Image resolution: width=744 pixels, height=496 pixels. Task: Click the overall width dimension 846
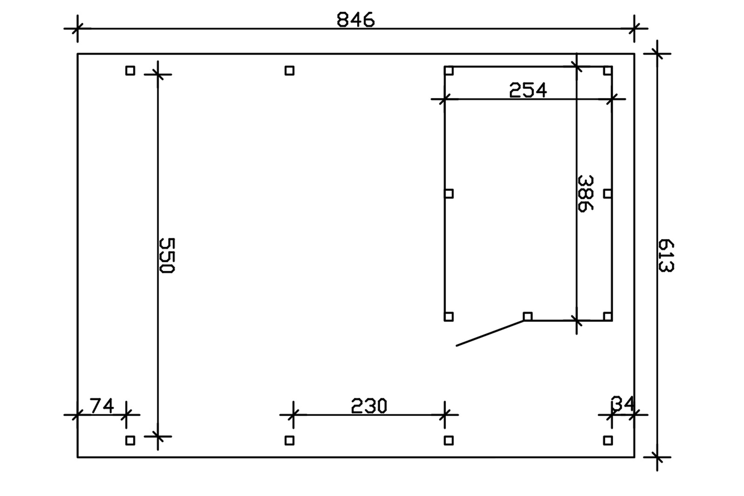coord(356,20)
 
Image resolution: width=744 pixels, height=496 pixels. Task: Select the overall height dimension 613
coord(666,255)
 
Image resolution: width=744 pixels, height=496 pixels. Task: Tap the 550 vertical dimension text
coord(166,255)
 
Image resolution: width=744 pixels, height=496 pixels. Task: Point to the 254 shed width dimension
coord(528,90)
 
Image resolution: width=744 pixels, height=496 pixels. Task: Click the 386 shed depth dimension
coord(585,193)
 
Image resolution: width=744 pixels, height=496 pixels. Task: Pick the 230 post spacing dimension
coord(369,406)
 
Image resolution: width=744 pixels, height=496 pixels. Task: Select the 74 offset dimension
coord(102,406)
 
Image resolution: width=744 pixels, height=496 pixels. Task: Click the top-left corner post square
coord(130,71)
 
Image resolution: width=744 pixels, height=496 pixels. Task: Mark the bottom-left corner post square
coord(130,440)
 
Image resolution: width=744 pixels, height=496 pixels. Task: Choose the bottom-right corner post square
coord(608,440)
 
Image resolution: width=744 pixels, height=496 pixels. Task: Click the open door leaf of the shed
coord(491,333)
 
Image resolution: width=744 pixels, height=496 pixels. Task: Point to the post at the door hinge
coord(527,317)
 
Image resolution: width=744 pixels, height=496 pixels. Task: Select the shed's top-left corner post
coord(449,71)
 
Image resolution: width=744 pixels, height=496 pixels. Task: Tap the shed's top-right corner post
coord(608,71)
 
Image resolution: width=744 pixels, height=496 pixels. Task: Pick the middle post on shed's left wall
coord(449,194)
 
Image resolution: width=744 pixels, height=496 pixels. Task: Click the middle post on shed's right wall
coord(608,194)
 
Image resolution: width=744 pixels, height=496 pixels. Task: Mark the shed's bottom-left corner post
coord(449,317)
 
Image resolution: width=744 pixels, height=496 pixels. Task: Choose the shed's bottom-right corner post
coord(608,317)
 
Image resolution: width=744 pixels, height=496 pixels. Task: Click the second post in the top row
coord(290,71)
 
